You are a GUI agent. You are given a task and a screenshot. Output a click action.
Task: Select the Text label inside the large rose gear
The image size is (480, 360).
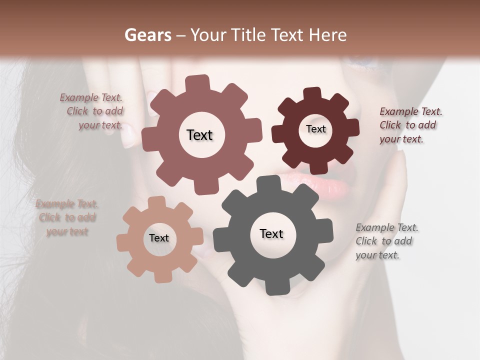[x=199, y=135]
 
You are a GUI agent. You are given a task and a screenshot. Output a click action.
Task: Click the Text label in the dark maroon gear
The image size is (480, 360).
[x=315, y=129]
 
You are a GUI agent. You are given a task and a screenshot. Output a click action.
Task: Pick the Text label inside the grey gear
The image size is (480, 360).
[x=271, y=233]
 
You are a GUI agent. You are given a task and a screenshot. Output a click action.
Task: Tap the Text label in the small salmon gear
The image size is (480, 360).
[x=159, y=238]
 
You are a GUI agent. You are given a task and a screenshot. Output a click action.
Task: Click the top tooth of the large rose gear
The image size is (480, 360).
[x=197, y=83]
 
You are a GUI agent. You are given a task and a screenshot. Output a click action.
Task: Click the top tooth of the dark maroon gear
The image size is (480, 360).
[x=312, y=94]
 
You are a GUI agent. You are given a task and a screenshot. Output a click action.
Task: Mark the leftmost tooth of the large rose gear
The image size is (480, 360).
[x=148, y=140]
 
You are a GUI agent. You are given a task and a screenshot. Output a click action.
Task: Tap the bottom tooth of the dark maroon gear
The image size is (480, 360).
[x=318, y=167]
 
